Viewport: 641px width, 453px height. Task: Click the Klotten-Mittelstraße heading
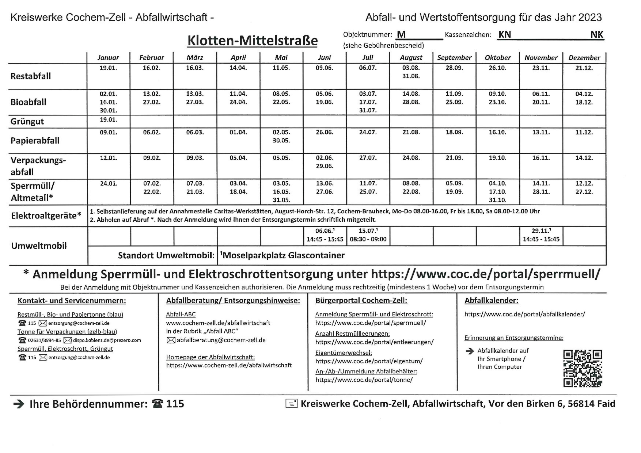click(x=252, y=41)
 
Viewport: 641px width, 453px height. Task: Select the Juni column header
click(x=324, y=58)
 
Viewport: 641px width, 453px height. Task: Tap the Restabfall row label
click(x=31, y=76)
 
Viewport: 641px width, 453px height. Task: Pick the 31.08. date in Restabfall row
click(x=411, y=76)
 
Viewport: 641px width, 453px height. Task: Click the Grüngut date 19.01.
click(x=108, y=120)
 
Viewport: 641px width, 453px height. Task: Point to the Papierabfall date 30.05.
click(x=281, y=141)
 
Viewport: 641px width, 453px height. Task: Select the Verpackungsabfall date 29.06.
click(x=324, y=166)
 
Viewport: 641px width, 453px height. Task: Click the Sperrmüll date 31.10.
click(x=497, y=200)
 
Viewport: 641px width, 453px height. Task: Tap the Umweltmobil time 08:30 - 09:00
click(x=368, y=240)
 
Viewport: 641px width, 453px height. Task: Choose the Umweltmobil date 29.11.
click(x=541, y=231)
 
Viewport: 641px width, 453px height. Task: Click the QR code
click(x=583, y=368)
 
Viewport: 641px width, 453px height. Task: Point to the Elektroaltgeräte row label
click(x=46, y=216)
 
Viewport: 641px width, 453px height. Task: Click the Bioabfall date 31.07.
click(x=368, y=110)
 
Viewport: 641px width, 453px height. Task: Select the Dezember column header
click(x=584, y=58)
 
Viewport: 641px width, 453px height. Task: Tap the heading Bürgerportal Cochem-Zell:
click(x=361, y=301)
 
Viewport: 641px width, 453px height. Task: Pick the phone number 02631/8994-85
click(x=44, y=340)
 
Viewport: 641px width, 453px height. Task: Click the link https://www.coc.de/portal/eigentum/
click(x=369, y=361)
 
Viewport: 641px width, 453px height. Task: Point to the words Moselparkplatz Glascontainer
click(x=283, y=255)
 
